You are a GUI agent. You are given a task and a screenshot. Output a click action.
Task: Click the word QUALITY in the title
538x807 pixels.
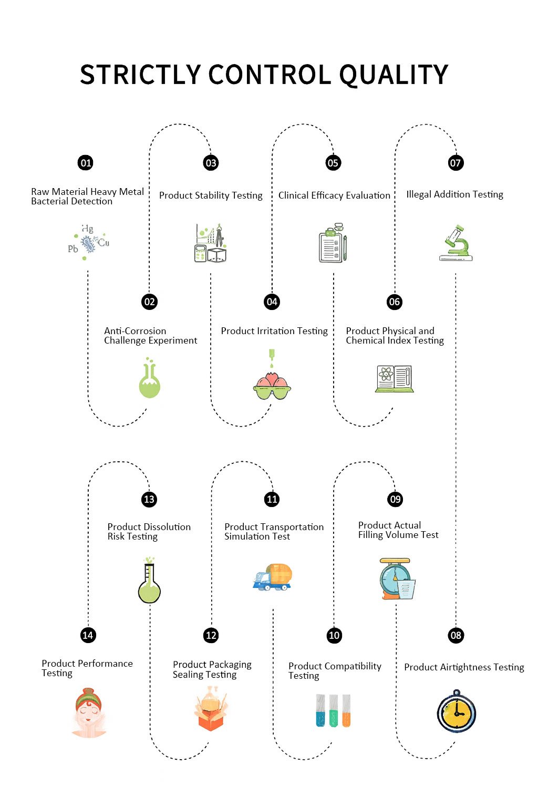click(394, 75)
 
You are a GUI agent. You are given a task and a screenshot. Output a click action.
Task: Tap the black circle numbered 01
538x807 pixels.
click(86, 163)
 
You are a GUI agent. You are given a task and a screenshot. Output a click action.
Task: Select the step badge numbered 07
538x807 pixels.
click(456, 163)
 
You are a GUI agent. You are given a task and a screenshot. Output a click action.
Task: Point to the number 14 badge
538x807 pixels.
click(88, 635)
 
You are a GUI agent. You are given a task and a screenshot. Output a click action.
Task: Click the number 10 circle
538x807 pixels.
click(334, 635)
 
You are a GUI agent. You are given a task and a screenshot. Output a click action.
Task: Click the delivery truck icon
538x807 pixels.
click(273, 577)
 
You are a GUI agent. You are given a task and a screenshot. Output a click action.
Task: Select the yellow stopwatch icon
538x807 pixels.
click(456, 711)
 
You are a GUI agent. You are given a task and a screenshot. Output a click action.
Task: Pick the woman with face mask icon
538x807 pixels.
click(89, 712)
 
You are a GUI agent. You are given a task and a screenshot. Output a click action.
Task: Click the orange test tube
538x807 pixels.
click(346, 710)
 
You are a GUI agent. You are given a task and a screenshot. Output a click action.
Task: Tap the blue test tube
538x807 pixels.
click(320, 710)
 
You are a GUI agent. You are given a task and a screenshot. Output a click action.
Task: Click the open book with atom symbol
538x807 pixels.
click(394, 379)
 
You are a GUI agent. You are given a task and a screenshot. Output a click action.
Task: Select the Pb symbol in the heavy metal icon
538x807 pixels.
click(73, 249)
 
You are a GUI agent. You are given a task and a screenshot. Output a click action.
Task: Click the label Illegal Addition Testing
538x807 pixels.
click(454, 194)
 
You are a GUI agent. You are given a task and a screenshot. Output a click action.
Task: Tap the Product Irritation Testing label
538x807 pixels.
click(274, 331)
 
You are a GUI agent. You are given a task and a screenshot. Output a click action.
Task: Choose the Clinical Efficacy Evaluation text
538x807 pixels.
click(334, 195)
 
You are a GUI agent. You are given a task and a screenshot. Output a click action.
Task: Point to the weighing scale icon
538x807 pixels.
click(398, 578)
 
